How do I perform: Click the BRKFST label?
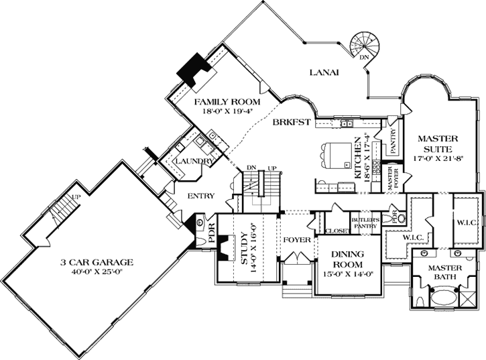290,123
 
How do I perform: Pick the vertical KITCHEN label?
367,158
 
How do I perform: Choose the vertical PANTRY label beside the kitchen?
393,141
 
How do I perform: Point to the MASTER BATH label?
446,272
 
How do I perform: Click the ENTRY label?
201,196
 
